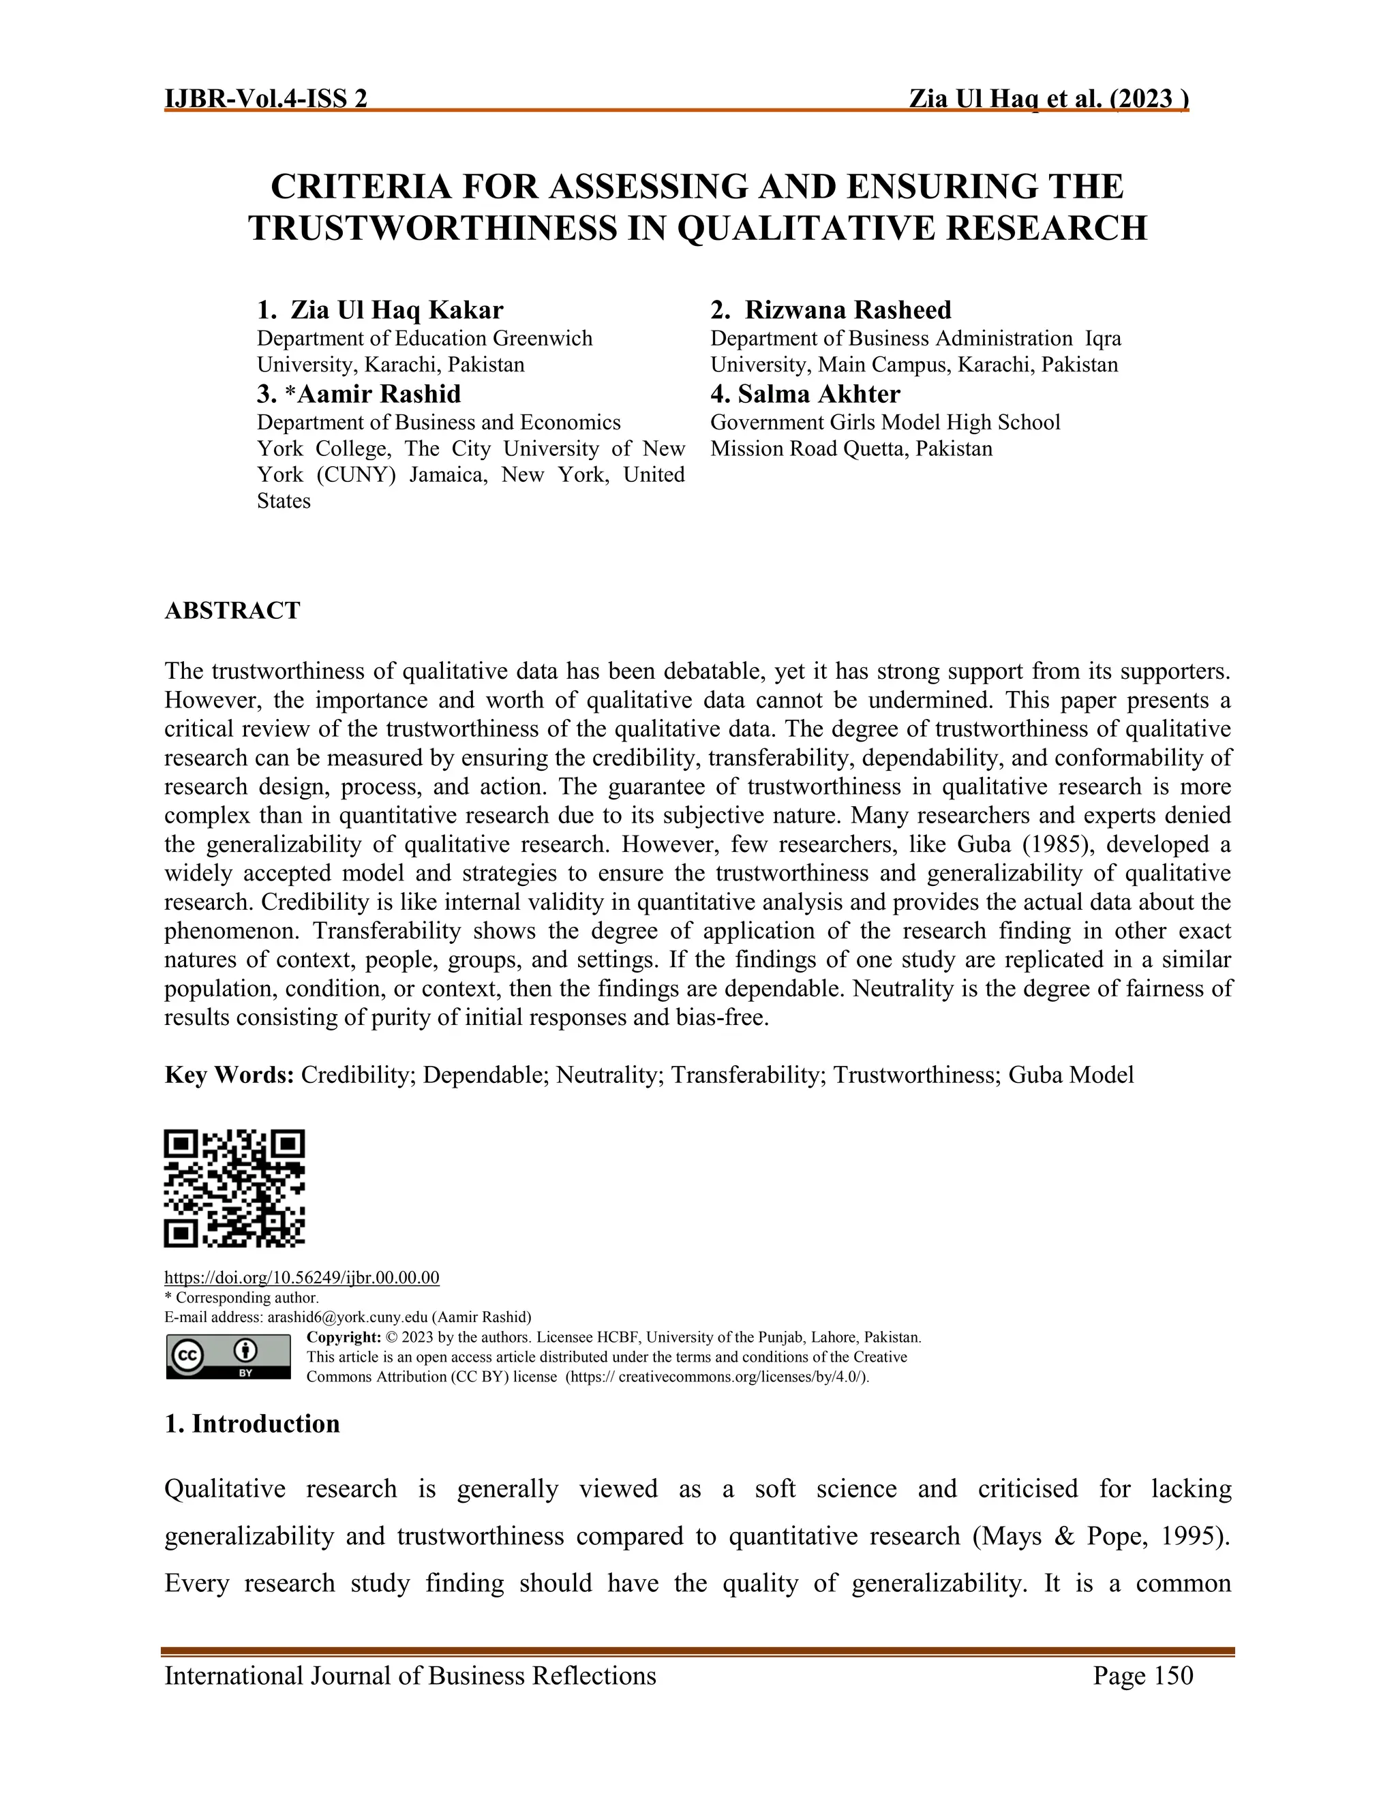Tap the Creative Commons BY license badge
[228, 1356]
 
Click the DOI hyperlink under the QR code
[302, 1278]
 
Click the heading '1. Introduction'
[252, 1424]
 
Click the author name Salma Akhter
[819, 394]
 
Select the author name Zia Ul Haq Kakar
[396, 310]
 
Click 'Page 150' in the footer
[1143, 1677]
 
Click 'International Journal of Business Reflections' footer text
[410, 1677]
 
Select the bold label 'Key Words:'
[229, 1075]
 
